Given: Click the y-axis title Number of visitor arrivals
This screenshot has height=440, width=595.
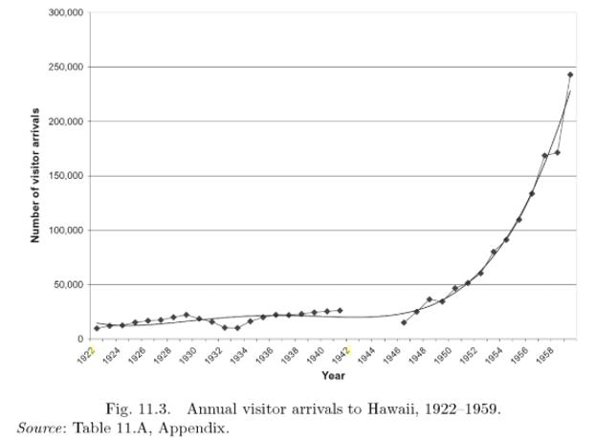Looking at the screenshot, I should (x=35, y=175).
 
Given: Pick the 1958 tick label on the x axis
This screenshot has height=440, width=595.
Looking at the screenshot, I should (x=543, y=356).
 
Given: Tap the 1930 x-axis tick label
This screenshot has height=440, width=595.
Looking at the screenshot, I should (x=187, y=356).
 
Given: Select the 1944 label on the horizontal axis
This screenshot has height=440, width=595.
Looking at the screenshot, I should (x=365, y=356).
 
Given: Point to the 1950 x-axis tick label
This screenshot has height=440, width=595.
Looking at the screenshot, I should (x=442, y=356).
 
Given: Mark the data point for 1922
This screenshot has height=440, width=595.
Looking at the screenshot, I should (x=97, y=328).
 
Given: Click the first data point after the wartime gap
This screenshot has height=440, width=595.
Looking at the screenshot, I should (x=404, y=322).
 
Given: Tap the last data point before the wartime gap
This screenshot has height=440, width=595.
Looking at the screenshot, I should (x=340, y=310).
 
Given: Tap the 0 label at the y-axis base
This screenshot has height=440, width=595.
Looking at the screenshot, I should (x=83, y=340).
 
